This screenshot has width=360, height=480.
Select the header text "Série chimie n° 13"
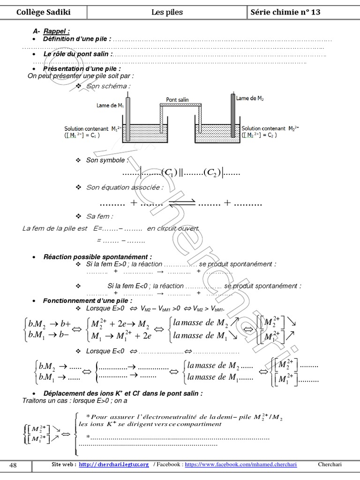pyautogui.click(x=285, y=12)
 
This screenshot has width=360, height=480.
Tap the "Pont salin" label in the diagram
pyautogui.click(x=178, y=100)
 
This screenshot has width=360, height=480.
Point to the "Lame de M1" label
pyautogui.click(x=110, y=105)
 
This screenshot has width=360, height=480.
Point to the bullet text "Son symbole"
pyautogui.click(x=106, y=160)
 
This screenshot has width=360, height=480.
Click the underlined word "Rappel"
pyautogui.click(x=56, y=31)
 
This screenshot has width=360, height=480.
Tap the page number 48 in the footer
pyautogui.click(x=13, y=465)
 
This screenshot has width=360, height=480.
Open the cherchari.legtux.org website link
pyautogui.click(x=114, y=465)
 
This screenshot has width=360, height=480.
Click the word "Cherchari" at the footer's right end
pyautogui.click(x=330, y=465)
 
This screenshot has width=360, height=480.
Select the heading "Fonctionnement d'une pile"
pyautogui.click(x=88, y=300)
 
